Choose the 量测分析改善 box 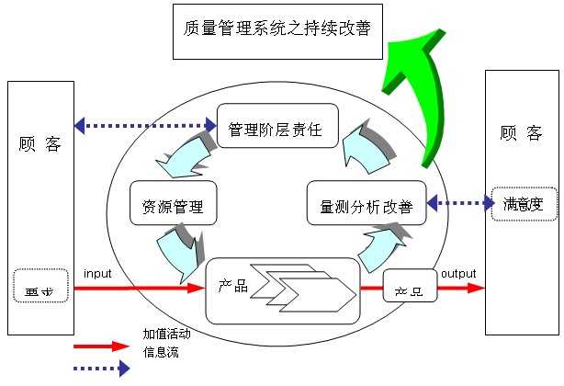click(x=367, y=206)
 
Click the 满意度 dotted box click(x=524, y=203)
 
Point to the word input click(x=97, y=274)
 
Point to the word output click(x=458, y=274)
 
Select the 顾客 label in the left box click(x=40, y=144)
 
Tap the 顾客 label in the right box click(x=521, y=133)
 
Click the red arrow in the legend click(x=101, y=346)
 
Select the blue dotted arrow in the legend click(x=101, y=369)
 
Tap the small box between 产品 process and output click(x=409, y=287)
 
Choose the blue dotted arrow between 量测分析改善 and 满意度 click(x=460, y=203)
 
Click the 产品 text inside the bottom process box click(x=233, y=286)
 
